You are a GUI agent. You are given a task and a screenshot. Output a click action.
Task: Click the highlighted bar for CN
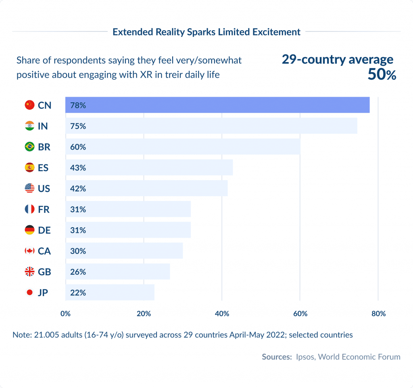click(x=217, y=105)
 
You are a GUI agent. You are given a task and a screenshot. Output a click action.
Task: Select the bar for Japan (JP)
click(x=110, y=293)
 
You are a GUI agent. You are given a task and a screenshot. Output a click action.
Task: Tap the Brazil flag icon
click(x=29, y=147)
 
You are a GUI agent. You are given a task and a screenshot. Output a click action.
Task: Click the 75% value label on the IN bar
click(x=77, y=126)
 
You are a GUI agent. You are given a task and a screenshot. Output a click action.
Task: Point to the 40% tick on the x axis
click(x=222, y=314)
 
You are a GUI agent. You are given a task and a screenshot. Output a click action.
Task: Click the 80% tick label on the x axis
click(x=378, y=314)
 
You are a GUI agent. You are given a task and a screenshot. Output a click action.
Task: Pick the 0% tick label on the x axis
click(x=65, y=314)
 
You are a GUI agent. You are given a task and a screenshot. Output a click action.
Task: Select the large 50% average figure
click(x=382, y=75)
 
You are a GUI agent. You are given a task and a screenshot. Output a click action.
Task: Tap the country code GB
click(x=44, y=272)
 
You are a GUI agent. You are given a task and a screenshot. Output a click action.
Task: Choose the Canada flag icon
click(x=29, y=251)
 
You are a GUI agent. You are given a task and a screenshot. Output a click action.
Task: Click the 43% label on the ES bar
click(x=77, y=168)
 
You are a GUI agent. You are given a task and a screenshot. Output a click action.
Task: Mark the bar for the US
click(x=146, y=189)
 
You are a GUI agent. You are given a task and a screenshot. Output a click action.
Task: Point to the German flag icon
click(x=29, y=230)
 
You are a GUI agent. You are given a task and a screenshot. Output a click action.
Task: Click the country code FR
click(x=44, y=210)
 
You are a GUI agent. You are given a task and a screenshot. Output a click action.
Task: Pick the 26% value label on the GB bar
click(x=77, y=272)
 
